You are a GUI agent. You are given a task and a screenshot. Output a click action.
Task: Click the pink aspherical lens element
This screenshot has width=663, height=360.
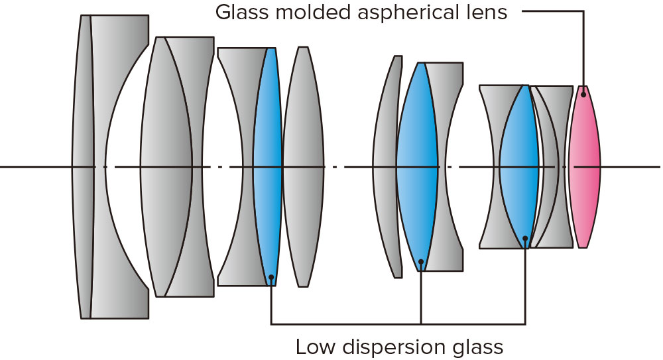[584, 166]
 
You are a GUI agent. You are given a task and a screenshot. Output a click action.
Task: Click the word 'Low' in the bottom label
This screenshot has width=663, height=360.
[313, 346]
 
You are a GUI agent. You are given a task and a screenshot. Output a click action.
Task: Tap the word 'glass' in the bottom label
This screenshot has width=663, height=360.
[481, 346]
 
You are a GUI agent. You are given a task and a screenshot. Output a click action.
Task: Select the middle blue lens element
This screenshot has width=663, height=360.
[417, 166]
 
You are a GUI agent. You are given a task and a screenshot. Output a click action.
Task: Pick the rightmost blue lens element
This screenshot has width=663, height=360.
[518, 166]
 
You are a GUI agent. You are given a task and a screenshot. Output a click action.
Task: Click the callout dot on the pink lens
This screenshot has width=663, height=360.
[583, 95]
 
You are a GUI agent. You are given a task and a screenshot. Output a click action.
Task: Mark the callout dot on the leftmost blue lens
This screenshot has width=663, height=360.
[271, 276]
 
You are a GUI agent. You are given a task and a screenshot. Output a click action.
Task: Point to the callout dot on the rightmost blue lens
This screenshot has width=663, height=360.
[525, 238]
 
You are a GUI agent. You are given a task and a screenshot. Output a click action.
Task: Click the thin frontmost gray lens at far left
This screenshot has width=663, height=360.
[83, 166]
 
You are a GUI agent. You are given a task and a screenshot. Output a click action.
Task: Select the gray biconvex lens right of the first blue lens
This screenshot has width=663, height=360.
[303, 166]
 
